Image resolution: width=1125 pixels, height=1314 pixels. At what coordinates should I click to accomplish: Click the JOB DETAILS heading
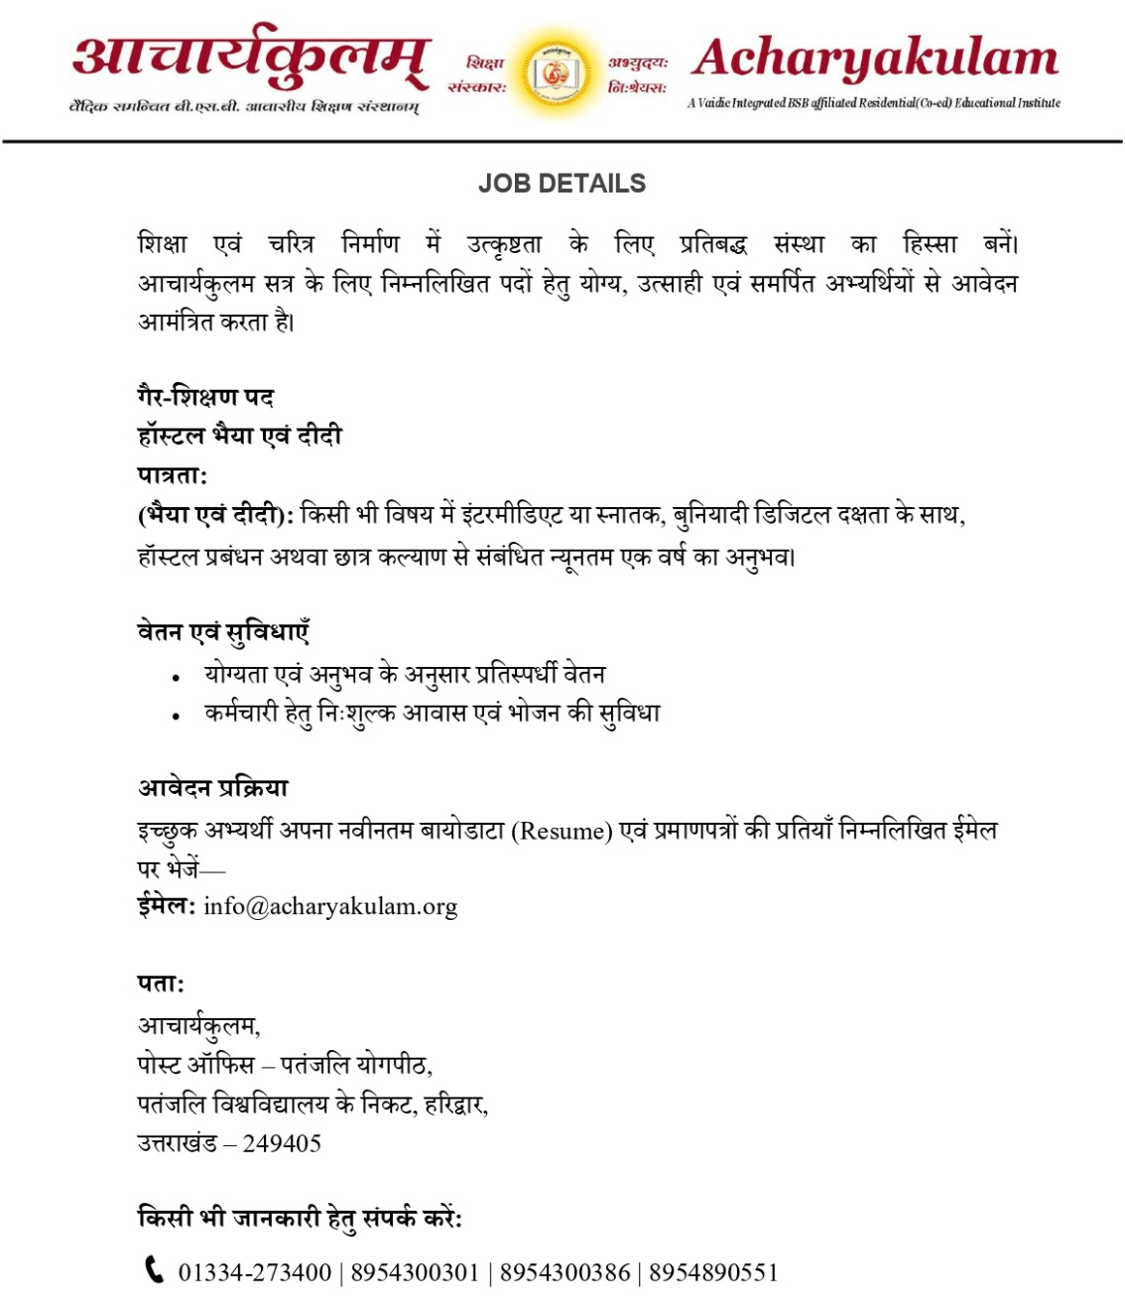point(562,184)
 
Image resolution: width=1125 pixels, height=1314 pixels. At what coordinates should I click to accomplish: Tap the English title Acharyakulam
point(875,59)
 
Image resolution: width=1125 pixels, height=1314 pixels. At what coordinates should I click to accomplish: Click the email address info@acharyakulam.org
point(330,907)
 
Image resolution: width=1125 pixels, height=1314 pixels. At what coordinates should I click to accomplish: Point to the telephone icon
point(154,1269)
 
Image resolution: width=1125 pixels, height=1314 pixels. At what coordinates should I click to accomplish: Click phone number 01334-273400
point(255,1273)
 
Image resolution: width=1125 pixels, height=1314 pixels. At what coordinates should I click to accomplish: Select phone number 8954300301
point(415,1273)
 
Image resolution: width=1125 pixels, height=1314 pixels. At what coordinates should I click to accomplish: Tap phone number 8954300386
point(564,1273)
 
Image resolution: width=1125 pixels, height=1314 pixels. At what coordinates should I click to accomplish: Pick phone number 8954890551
point(713,1273)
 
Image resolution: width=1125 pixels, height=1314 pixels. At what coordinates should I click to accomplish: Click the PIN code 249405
point(282,1144)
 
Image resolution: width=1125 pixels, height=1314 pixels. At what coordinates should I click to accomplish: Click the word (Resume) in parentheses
point(562,831)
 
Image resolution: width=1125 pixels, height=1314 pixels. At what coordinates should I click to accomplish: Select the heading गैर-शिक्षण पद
point(205,397)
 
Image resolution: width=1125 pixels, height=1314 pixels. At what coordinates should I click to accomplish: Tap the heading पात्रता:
point(172,475)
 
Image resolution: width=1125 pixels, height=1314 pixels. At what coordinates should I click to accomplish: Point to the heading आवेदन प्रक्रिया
point(212,789)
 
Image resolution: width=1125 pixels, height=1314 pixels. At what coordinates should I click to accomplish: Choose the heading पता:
point(161,985)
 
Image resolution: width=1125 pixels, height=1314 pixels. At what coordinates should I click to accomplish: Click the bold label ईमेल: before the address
point(166,906)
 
